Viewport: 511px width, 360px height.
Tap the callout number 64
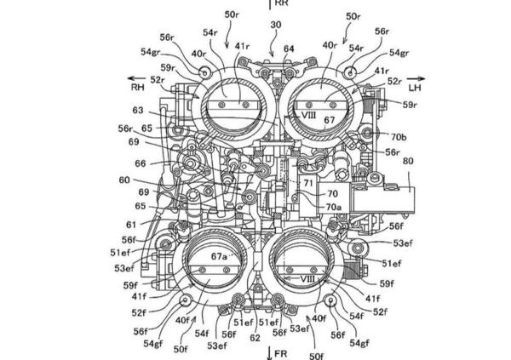pyautogui.click(x=289, y=49)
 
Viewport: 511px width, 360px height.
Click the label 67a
pyautogui.click(x=221, y=255)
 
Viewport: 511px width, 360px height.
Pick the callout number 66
pyautogui.click(x=141, y=163)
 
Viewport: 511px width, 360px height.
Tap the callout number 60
pyautogui.click(x=126, y=180)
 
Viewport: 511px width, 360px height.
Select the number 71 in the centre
pyautogui.click(x=308, y=182)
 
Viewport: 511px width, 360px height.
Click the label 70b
pyautogui.click(x=398, y=136)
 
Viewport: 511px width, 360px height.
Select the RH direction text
pyautogui.click(x=138, y=85)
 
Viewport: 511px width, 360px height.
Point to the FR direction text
pyautogui.click(x=279, y=353)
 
